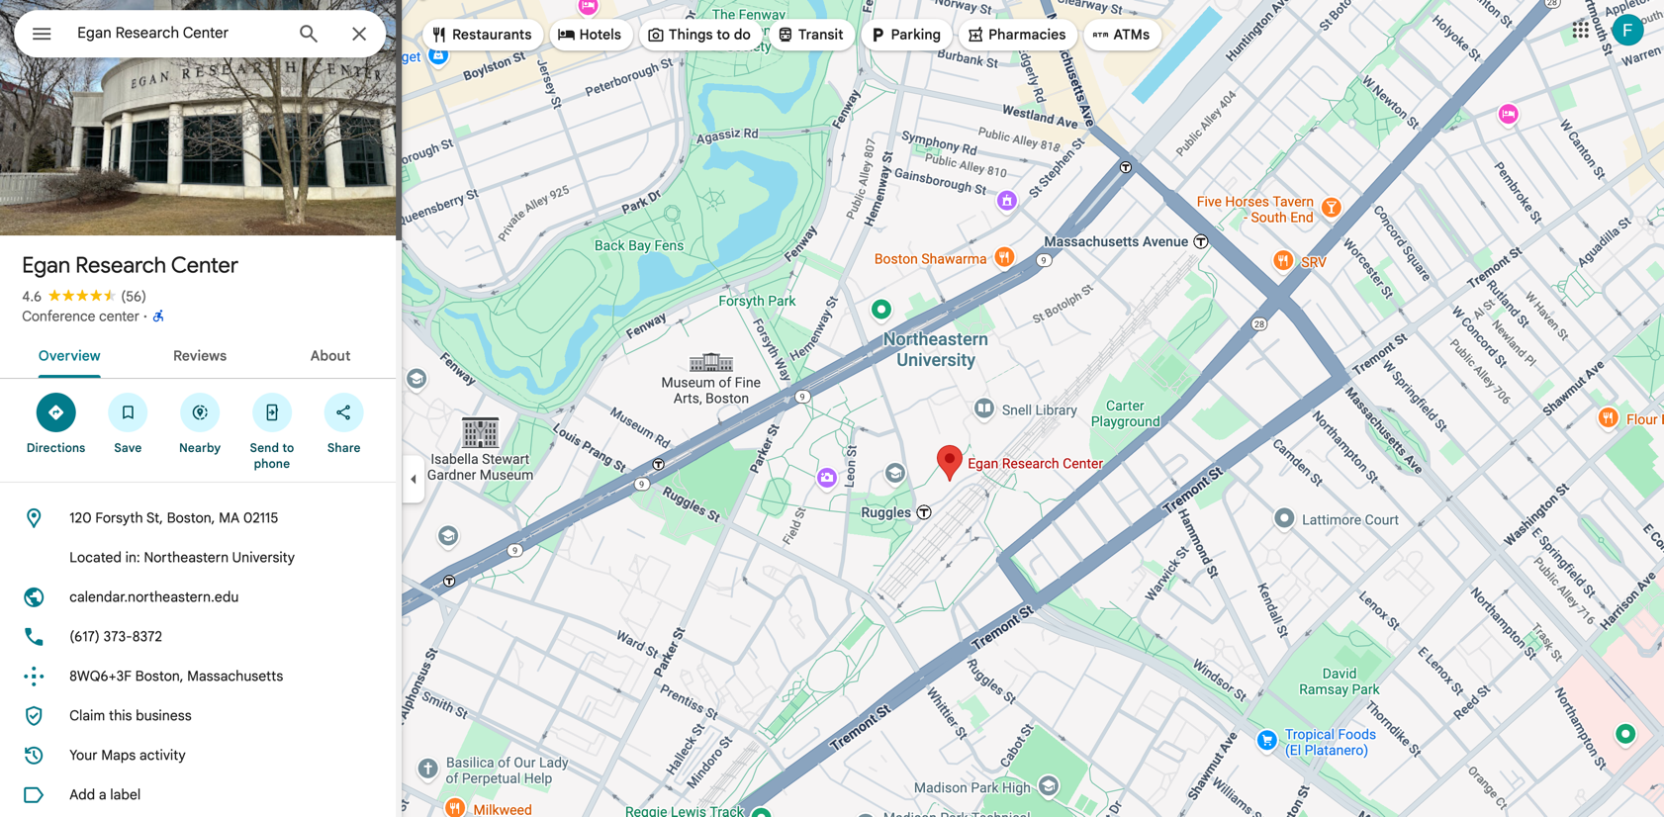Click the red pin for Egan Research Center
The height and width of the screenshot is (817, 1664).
pyautogui.click(x=949, y=460)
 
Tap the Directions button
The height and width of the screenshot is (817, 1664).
pyautogui.click(x=56, y=412)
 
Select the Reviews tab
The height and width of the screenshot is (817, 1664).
pyautogui.click(x=200, y=356)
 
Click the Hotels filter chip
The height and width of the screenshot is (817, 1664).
pyautogui.click(x=590, y=35)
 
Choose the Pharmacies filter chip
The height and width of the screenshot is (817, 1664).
pyautogui.click(x=1017, y=35)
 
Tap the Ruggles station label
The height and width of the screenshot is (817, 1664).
pyautogui.click(x=886, y=512)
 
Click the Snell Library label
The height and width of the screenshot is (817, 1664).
pyautogui.click(x=1039, y=409)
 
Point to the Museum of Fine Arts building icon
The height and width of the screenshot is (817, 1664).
pyautogui.click(x=710, y=362)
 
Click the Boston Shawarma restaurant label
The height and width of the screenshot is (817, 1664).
pyautogui.click(x=930, y=259)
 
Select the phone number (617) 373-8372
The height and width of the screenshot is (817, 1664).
pyautogui.click(x=116, y=636)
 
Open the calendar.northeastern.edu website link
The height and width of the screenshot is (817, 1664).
pyautogui.click(x=153, y=596)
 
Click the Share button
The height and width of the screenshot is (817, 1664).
pyautogui.click(x=343, y=412)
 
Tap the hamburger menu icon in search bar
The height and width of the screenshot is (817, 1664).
pyautogui.click(x=42, y=34)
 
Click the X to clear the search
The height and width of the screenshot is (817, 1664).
pyautogui.click(x=359, y=34)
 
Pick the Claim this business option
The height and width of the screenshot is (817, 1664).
pyautogui.click(x=131, y=715)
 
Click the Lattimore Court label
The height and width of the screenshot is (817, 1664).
pyautogui.click(x=1349, y=519)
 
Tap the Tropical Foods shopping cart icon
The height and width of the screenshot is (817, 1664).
pyautogui.click(x=1266, y=741)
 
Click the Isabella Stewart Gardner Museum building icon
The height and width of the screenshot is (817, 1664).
pyautogui.click(x=480, y=432)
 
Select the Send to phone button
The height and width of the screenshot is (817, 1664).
pyautogui.click(x=271, y=412)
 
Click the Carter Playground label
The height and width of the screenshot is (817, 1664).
pyautogui.click(x=1125, y=413)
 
